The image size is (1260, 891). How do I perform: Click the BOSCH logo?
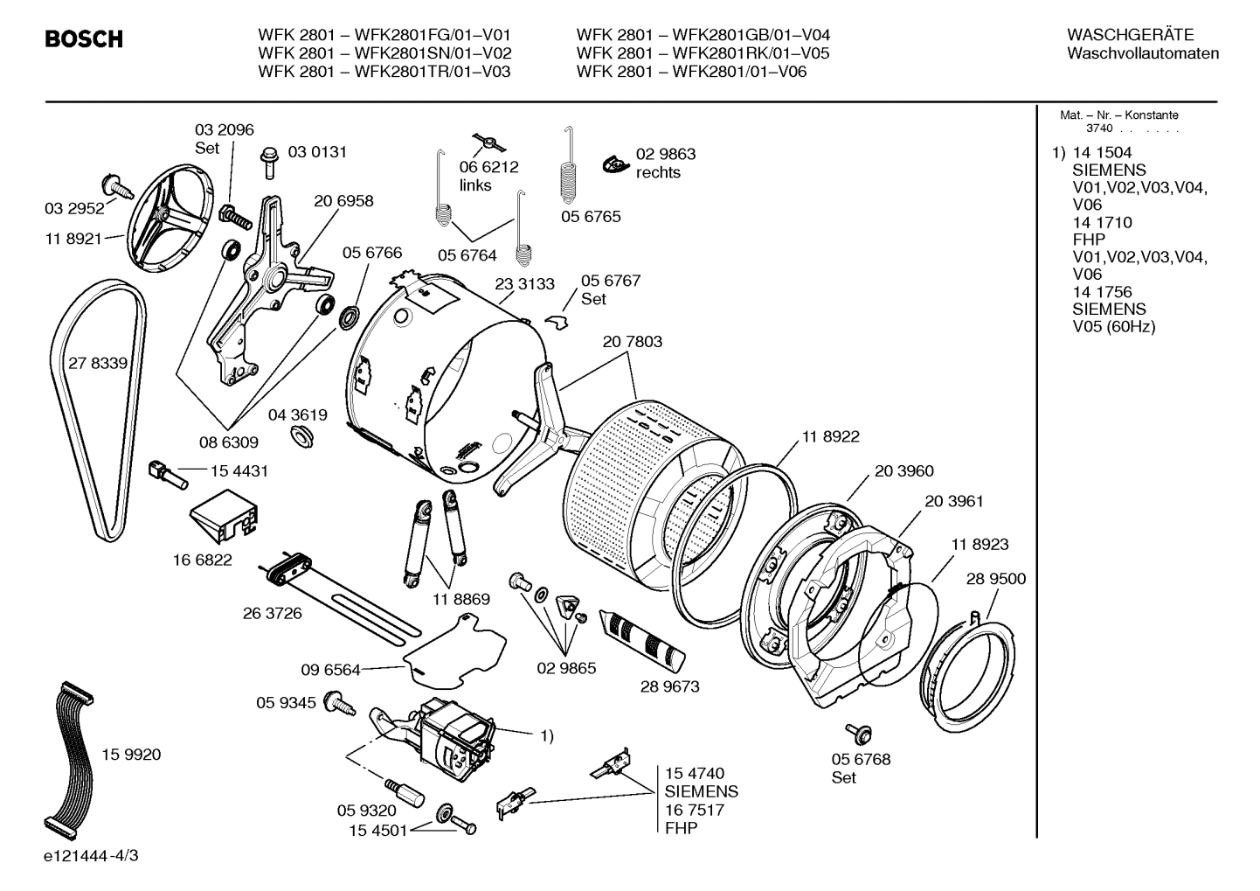point(84,39)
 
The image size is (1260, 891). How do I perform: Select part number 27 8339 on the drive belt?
point(98,363)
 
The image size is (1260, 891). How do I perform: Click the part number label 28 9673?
point(669,686)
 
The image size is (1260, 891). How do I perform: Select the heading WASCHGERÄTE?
point(1129,35)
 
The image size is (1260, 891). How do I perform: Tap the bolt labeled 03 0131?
point(267,161)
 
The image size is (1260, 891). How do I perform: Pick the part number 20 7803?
point(632,342)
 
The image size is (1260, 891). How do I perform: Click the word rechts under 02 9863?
point(658,172)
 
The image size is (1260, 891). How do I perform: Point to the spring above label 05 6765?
point(570,167)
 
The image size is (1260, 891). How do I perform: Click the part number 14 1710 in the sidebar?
point(1102,222)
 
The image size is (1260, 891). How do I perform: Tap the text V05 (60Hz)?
point(1113,326)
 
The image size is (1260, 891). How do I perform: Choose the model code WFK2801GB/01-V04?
point(751,35)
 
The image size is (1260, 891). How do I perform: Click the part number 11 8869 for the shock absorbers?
point(460,599)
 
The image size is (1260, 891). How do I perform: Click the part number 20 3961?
point(953,501)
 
